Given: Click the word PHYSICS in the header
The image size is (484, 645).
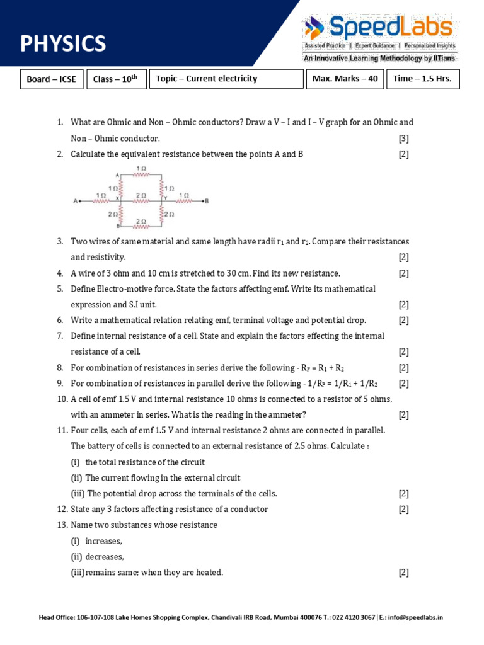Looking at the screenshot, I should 63,43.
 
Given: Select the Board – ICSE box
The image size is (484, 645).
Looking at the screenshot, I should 52,79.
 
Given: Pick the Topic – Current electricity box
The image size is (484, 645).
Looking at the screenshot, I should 226,79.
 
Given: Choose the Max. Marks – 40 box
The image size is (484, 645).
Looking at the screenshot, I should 345,79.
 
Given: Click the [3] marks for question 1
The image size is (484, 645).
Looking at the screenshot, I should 403,138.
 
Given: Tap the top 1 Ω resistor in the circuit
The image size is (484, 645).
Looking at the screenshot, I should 141,175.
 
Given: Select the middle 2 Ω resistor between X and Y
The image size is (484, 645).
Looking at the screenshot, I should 141,202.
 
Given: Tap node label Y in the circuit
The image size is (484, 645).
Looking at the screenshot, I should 165,198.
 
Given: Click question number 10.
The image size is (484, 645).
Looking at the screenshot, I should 62,399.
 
